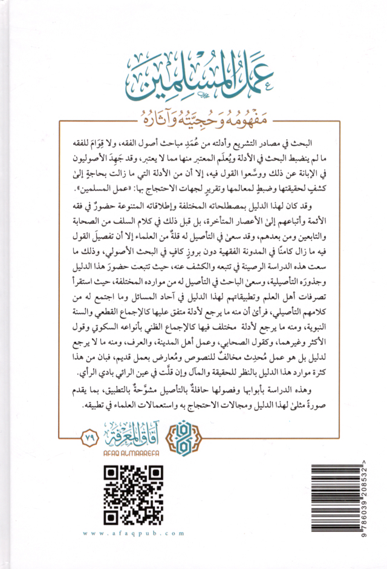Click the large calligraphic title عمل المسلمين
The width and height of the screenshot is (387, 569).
click(x=194, y=76)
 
